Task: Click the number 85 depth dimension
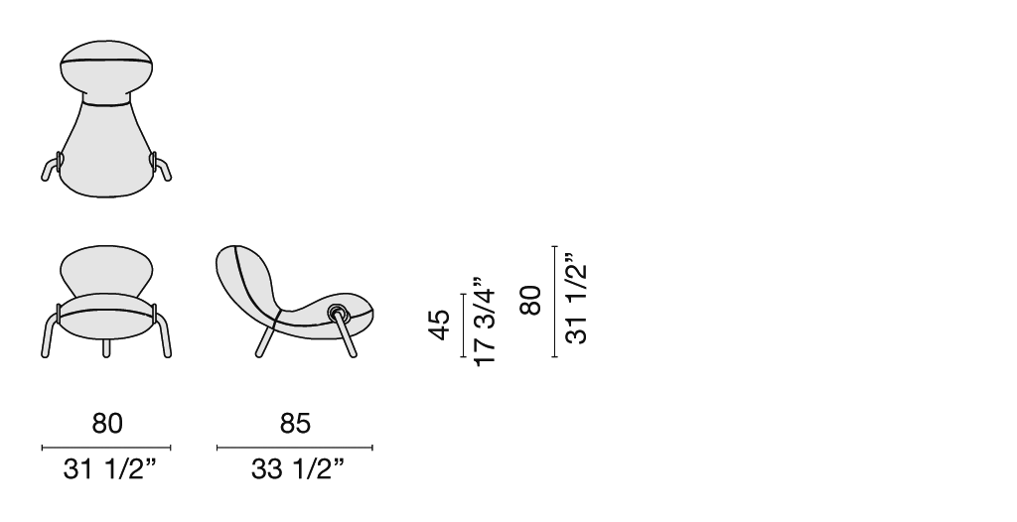tap(295, 424)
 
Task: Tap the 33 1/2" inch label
tap(298, 469)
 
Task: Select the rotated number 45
tap(439, 325)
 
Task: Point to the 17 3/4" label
tap(485, 322)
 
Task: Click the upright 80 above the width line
tap(107, 424)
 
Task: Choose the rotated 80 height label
tap(530, 300)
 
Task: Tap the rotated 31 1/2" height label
tap(576, 298)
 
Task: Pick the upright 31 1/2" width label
tap(110, 469)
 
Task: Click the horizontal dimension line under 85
tap(294, 448)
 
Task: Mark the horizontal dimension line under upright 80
tap(106, 448)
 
